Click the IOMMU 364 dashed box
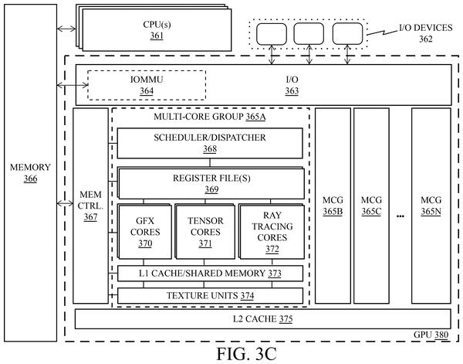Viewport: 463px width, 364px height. pyautogui.click(x=147, y=70)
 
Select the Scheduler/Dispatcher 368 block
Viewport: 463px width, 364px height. pyautogui.click(x=210, y=143)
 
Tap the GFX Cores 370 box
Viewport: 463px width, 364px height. pyautogui.click(x=144, y=232)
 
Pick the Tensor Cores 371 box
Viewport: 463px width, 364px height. pyautogui.click(x=205, y=232)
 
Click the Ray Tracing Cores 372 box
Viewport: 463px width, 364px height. pyautogui.click(x=272, y=232)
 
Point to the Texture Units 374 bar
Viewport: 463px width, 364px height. pyautogui.click(x=210, y=296)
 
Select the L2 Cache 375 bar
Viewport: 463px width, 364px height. pyautogui.click(x=263, y=319)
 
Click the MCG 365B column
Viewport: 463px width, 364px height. pyautogui.click(x=333, y=206)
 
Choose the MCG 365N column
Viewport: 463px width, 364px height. pyautogui.click(x=431, y=206)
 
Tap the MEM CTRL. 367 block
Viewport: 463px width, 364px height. pyautogui.click(x=90, y=206)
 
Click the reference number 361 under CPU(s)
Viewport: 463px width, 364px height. pyautogui.click(x=157, y=36)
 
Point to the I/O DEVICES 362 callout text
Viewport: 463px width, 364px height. pyautogui.click(x=425, y=33)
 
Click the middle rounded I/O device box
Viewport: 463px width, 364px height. pyautogui.click(x=309, y=34)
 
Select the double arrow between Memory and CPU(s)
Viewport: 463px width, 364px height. pyautogui.click(x=66, y=29)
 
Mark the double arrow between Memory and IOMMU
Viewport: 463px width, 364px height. pyautogui.click(x=73, y=85)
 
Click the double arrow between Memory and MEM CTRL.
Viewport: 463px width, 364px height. pyautogui.click(x=65, y=203)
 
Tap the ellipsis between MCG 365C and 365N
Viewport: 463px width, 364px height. pyautogui.click(x=400, y=216)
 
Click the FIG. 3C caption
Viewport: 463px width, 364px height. pyautogui.click(x=247, y=354)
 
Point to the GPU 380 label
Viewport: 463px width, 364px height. pyautogui.click(x=431, y=335)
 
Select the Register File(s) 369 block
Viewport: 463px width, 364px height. pyautogui.click(x=211, y=183)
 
